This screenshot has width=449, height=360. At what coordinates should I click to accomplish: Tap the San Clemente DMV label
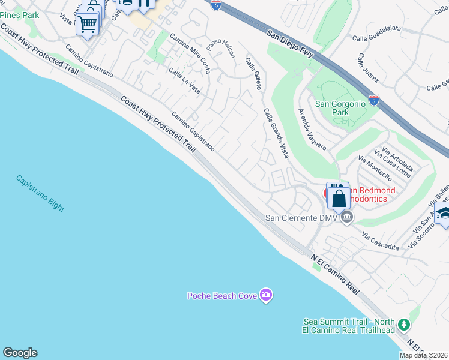point(302,217)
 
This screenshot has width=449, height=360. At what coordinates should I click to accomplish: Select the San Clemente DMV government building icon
point(346,217)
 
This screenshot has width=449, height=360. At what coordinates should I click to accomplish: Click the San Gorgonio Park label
point(340,108)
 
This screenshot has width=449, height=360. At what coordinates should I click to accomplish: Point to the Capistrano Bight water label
point(40,193)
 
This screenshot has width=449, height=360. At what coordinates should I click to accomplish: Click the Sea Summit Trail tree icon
point(405,325)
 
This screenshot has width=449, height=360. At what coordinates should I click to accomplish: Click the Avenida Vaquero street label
point(313,130)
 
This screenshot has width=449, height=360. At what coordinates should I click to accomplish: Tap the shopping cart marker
point(88,25)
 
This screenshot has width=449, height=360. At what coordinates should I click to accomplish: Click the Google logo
point(20,353)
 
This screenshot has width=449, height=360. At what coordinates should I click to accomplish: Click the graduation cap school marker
point(444,214)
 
